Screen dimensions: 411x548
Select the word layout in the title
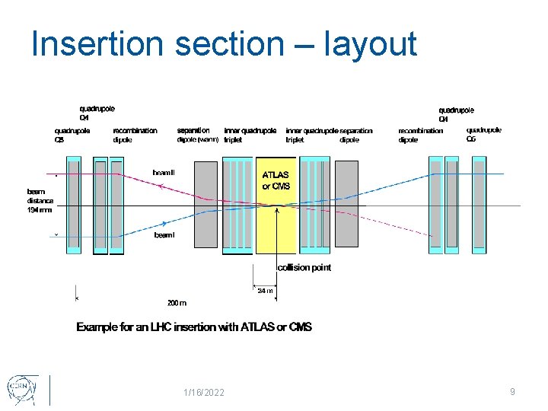tap(370, 45)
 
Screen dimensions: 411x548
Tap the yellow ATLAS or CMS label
tap(276, 180)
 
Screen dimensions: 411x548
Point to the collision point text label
tap(304, 268)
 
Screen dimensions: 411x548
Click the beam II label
tap(164, 174)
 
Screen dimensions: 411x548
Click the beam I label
tap(164, 235)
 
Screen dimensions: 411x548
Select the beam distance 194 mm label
tap(40, 201)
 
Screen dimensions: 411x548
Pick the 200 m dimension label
tap(177, 302)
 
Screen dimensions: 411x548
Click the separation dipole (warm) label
tap(198, 135)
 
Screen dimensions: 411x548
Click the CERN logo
tap(21, 389)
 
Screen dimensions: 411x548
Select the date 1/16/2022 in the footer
tap(203, 392)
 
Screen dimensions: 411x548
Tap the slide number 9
tap(512, 391)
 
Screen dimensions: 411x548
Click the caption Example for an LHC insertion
tap(193, 327)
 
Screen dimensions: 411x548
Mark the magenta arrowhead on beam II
tap(162, 186)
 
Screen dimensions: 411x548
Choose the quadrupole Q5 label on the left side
tap(72, 135)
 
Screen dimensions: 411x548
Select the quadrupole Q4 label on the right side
tap(456, 114)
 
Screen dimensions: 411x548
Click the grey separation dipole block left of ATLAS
tap(205, 204)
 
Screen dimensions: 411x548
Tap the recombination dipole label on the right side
tap(420, 135)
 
